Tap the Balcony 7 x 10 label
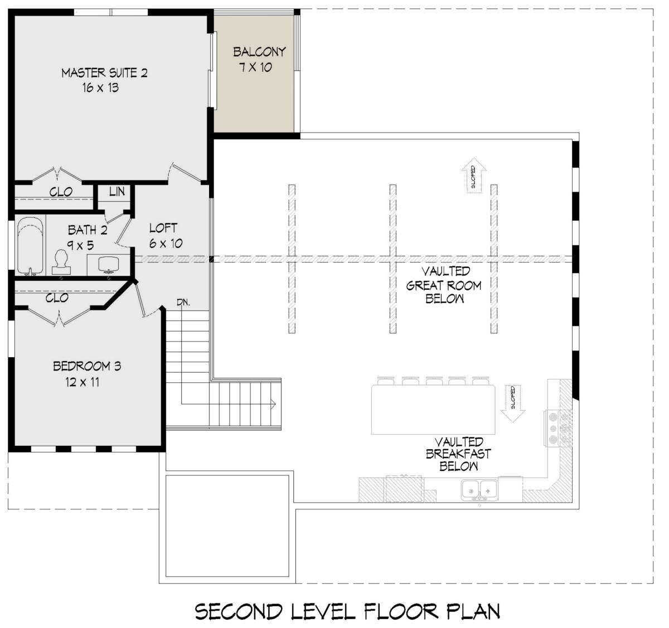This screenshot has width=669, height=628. click(x=259, y=60)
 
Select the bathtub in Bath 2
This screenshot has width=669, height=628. click(x=31, y=246)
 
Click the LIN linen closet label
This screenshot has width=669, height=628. click(x=117, y=192)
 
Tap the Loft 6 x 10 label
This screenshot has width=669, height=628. click(x=166, y=236)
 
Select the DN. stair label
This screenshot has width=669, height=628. click(x=183, y=303)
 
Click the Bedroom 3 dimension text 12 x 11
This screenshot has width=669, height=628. click(x=82, y=382)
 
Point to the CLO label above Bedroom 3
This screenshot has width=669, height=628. click(x=57, y=298)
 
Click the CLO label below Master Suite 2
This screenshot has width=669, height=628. click(x=61, y=192)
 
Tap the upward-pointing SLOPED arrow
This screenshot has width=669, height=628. click(x=474, y=176)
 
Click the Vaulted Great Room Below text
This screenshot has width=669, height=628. click(x=444, y=285)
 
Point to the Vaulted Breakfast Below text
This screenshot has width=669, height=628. click(x=458, y=454)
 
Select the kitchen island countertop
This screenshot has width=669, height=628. click(x=433, y=410)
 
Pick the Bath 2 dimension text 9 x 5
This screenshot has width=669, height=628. click(x=80, y=246)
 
